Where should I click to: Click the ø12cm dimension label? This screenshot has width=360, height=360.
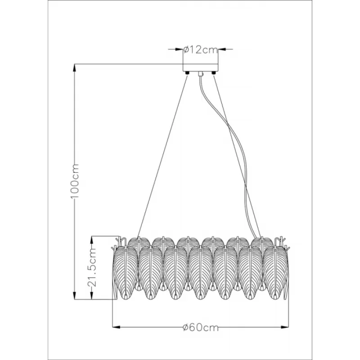point(200,49)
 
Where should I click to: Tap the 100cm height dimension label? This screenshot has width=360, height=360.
point(75,181)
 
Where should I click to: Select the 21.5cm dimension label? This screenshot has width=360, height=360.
point(92,267)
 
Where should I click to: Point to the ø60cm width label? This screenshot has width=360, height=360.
point(200,328)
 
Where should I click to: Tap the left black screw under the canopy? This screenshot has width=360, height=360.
point(187,73)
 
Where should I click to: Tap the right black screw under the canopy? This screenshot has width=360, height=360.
point(213,73)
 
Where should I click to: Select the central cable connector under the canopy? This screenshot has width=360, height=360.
point(200,74)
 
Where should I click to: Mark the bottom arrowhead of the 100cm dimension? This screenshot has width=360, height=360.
point(74,296)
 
